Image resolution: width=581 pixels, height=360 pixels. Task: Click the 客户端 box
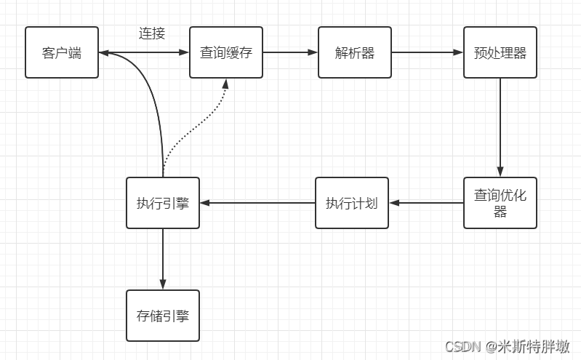click(x=62, y=52)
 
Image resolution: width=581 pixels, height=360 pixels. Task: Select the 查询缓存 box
click(x=226, y=52)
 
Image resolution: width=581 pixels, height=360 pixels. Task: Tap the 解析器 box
click(x=355, y=52)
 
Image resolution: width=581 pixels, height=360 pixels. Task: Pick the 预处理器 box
click(x=500, y=52)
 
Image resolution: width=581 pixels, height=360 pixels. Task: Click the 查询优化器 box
click(x=500, y=203)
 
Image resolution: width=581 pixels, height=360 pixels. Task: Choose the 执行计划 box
click(x=351, y=203)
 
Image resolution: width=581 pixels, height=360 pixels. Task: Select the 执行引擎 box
click(x=163, y=203)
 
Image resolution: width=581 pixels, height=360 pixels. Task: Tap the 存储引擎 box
click(x=163, y=316)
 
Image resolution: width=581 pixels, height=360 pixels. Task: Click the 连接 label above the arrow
click(x=152, y=33)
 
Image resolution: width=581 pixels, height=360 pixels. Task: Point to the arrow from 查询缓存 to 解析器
click(x=290, y=52)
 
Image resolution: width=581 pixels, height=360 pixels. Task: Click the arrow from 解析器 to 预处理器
click(x=428, y=52)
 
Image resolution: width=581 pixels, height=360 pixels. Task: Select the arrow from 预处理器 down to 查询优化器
click(x=500, y=127)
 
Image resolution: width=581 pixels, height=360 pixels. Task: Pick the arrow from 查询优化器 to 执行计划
click(x=426, y=203)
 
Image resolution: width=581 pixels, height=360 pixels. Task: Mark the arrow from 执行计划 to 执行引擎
click(x=257, y=203)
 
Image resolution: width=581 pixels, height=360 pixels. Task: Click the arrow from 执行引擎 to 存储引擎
click(x=163, y=259)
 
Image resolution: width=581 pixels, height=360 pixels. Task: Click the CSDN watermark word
click(x=460, y=346)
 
